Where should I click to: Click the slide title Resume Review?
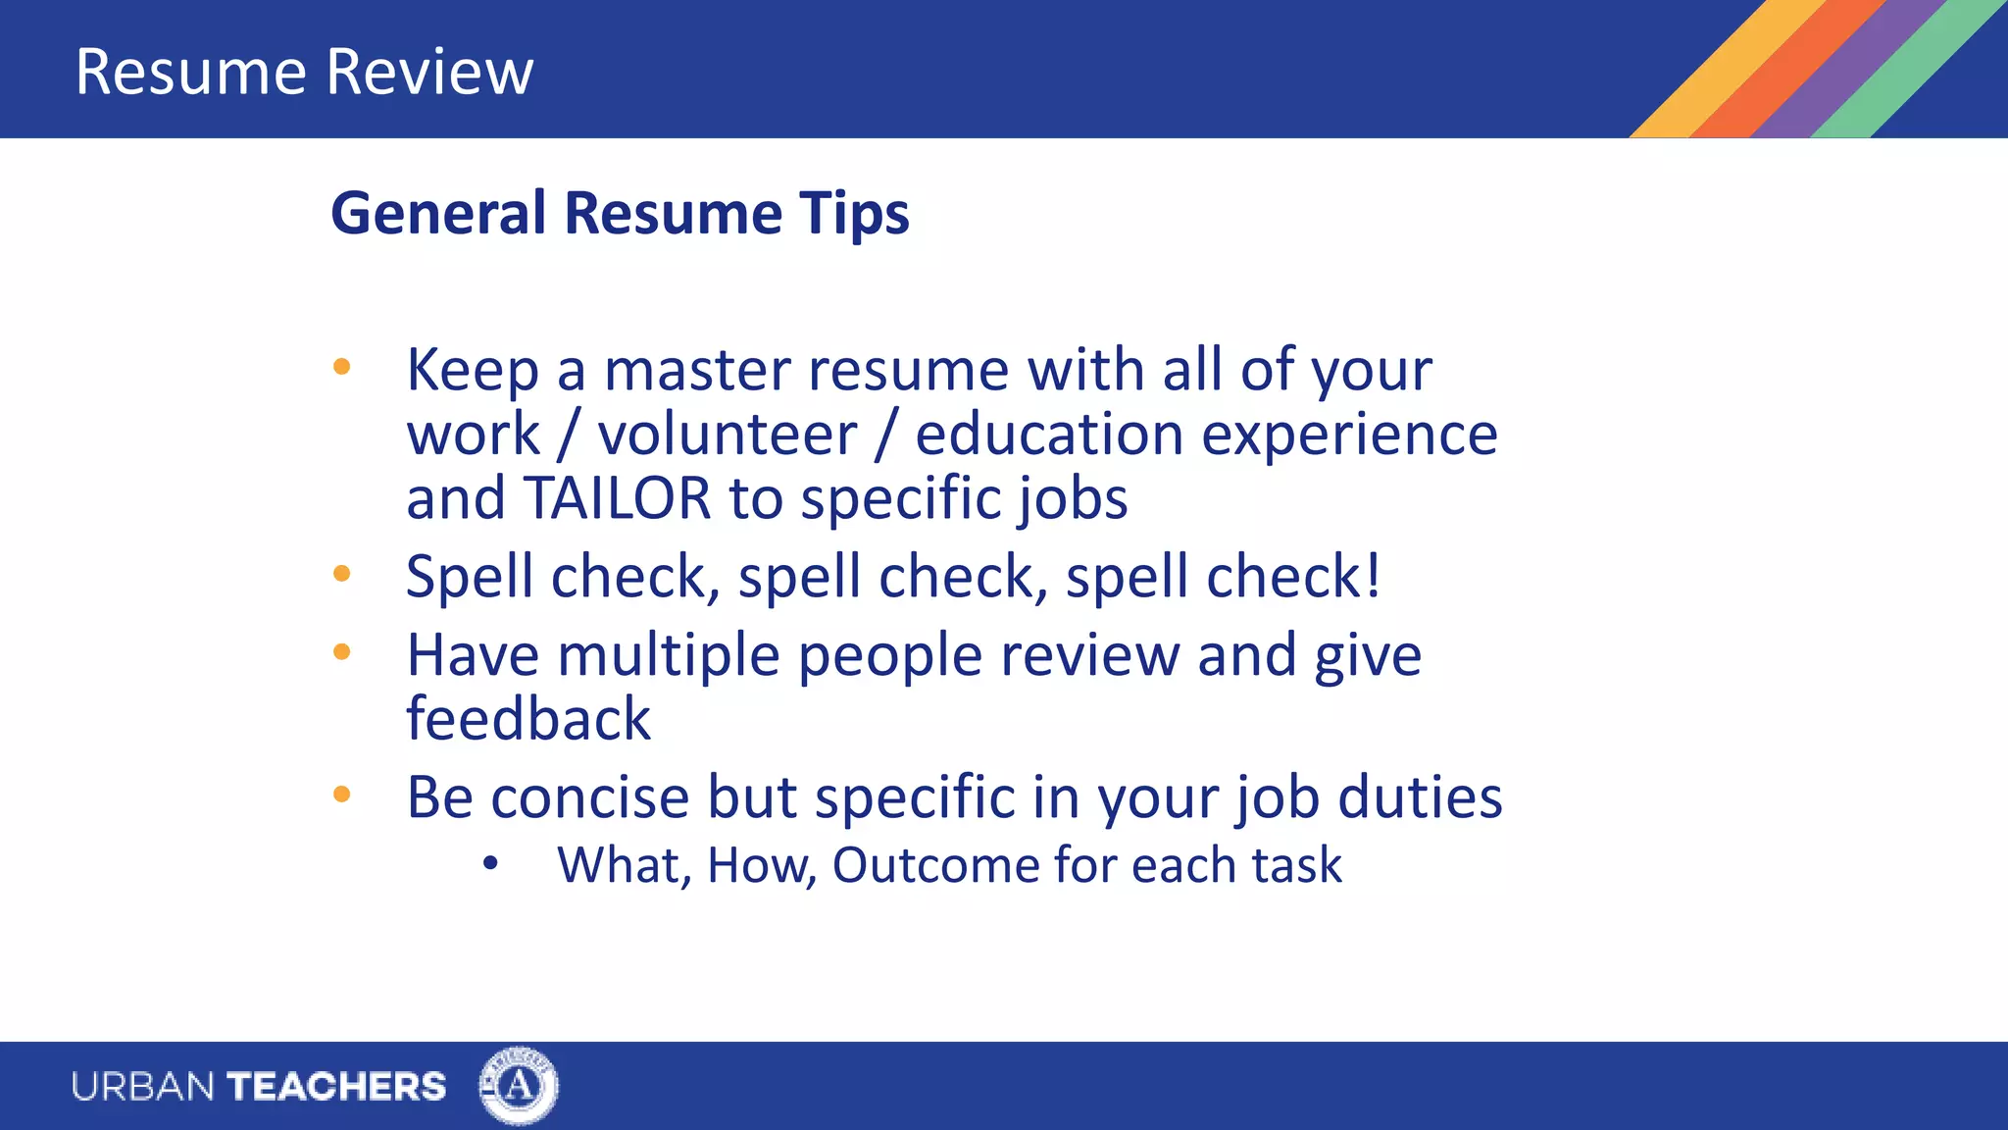[x=304, y=72]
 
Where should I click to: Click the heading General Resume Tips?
[x=620, y=213]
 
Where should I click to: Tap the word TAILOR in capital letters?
[x=617, y=498]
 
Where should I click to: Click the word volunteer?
[x=728, y=435]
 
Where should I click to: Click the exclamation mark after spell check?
[x=1373, y=575]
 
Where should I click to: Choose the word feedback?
[x=528, y=719]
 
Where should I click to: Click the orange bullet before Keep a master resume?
[x=341, y=368]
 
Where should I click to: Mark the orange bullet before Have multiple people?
[x=341, y=652]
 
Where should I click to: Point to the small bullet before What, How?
[x=491, y=863]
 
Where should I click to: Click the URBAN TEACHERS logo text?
[x=259, y=1087]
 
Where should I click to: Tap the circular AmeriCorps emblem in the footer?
[x=519, y=1086]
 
